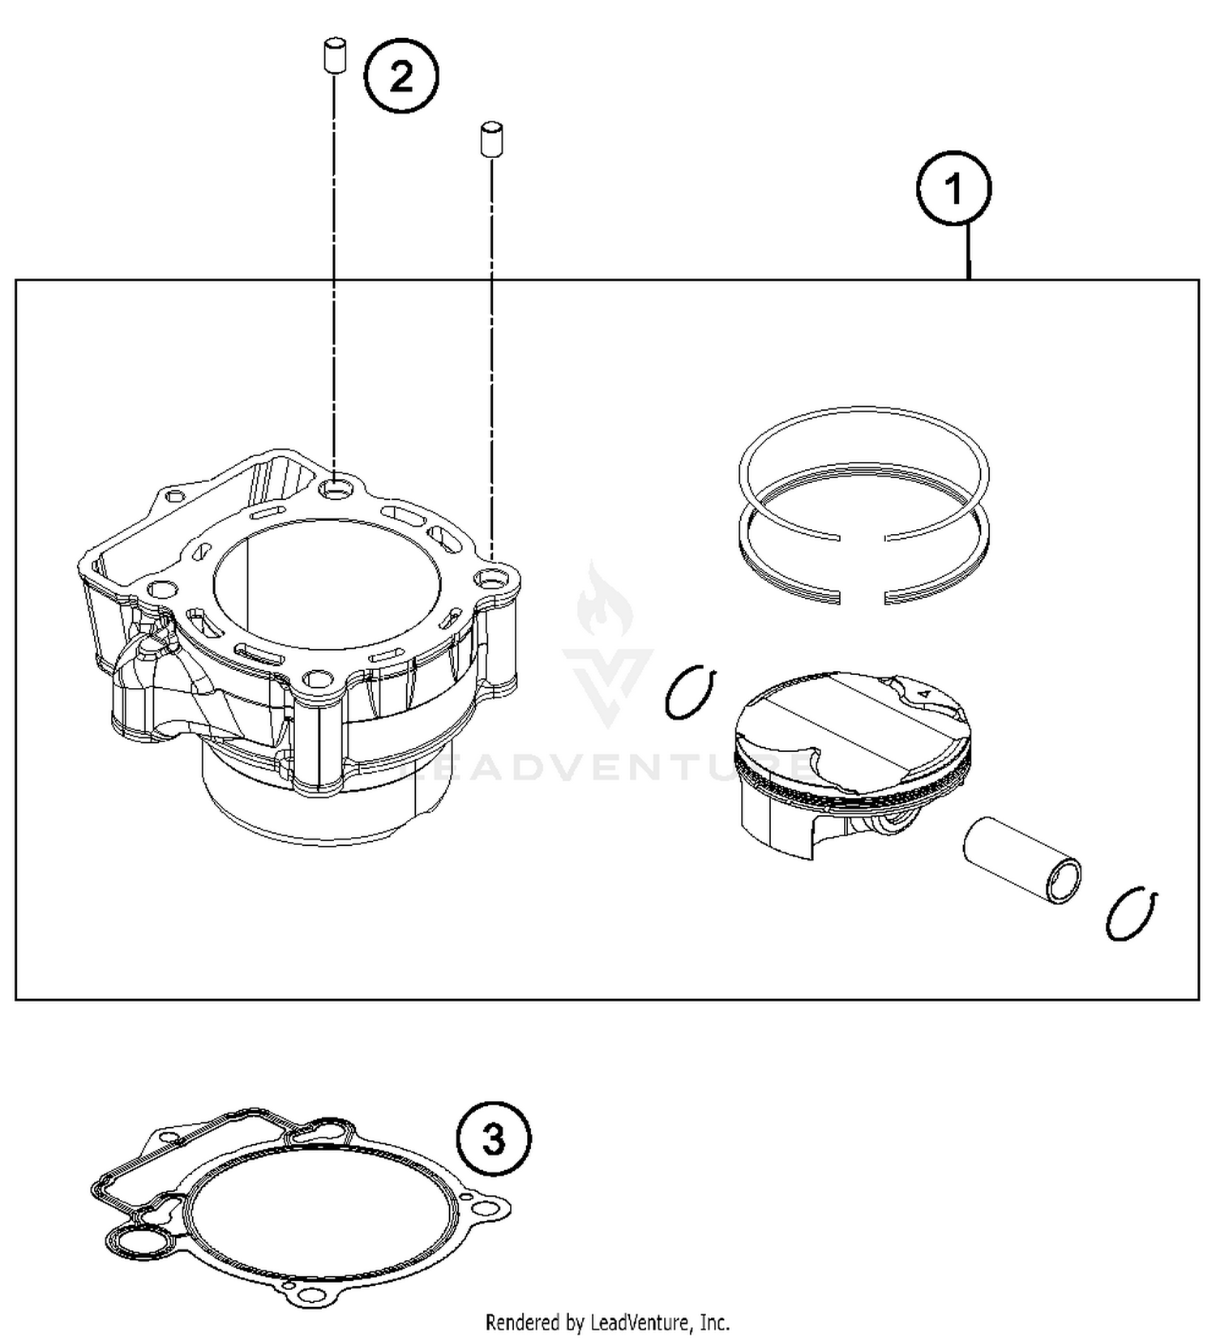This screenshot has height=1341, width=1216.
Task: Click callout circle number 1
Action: click(x=953, y=188)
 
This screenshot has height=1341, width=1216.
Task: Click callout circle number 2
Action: click(x=401, y=77)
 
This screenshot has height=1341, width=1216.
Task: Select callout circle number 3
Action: click(x=494, y=1138)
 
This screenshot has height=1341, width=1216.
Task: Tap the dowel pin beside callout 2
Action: click(x=332, y=55)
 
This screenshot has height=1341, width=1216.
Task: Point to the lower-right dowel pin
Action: click(x=491, y=139)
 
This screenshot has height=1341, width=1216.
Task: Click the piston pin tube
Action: click(x=1022, y=860)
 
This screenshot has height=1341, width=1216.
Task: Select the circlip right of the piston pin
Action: click(x=1132, y=913)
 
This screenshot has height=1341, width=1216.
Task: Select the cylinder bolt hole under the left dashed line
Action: click(x=335, y=489)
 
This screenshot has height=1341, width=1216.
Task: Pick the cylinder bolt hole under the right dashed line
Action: click(x=490, y=579)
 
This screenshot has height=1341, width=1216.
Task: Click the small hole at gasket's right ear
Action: click(x=485, y=1207)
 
